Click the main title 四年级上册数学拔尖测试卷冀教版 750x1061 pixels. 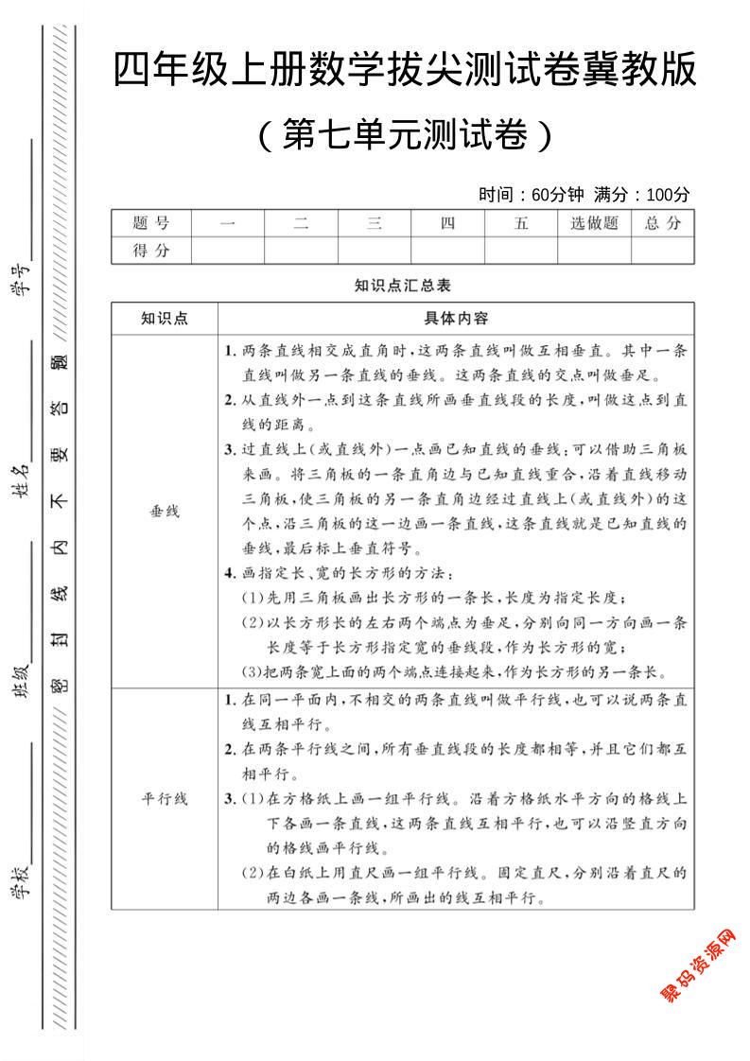click(x=405, y=71)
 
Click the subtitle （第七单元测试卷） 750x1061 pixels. click(x=405, y=135)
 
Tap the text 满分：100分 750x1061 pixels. click(x=642, y=195)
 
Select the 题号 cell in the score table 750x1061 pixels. click(x=151, y=223)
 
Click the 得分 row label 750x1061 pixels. click(x=151, y=251)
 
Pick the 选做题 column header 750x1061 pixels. click(x=594, y=223)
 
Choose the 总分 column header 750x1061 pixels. click(x=663, y=223)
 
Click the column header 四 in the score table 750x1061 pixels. click(x=448, y=223)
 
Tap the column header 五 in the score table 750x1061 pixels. click(x=521, y=223)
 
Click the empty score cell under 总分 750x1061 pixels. click(x=663, y=251)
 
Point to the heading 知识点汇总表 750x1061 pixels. click(x=403, y=285)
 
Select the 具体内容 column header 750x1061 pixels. click(x=456, y=319)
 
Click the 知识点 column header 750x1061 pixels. click(x=165, y=319)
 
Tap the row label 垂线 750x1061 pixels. click(x=165, y=511)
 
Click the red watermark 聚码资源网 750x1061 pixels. click(x=697, y=965)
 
